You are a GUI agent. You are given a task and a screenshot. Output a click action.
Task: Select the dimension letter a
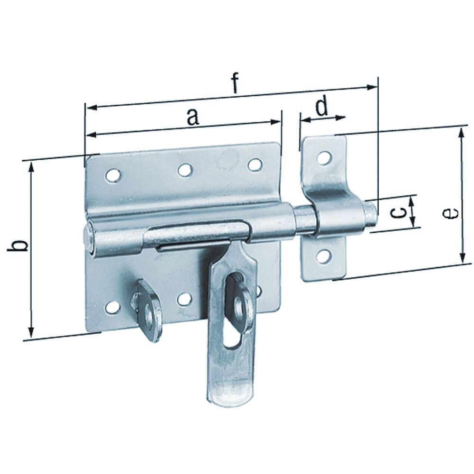[x=191, y=117]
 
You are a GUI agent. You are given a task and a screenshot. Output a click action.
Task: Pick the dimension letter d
[x=322, y=107]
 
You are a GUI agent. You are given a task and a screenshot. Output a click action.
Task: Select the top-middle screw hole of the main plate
[x=185, y=170]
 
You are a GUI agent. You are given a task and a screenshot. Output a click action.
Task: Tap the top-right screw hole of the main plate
[x=255, y=164]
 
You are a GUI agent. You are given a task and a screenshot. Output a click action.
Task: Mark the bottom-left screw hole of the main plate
[x=112, y=307]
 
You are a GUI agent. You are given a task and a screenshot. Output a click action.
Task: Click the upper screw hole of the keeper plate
[x=324, y=157]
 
